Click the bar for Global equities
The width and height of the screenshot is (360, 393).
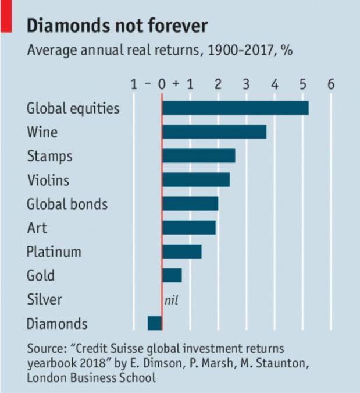coord(235,108)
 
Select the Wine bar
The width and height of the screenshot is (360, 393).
coord(214,132)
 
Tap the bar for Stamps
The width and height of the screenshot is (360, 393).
coord(198,156)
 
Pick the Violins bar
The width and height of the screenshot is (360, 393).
coord(196,180)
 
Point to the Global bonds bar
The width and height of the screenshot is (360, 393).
coord(190,204)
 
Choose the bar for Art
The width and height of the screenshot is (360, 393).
coord(189,228)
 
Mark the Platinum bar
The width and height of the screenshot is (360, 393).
coord(182,252)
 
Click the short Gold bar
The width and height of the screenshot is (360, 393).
coord(172,275)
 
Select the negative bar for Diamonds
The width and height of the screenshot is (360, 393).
coord(155,323)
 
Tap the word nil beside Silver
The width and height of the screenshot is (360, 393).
coord(171,300)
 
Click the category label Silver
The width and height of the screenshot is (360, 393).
coord(44,300)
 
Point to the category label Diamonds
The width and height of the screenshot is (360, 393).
coord(57,324)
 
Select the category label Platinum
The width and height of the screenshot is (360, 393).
coord(54,252)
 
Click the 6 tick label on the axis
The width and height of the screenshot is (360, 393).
coord(331,84)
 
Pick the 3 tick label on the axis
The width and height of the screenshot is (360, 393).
coord(246,84)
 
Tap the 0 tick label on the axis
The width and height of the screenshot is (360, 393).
coord(162,84)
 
